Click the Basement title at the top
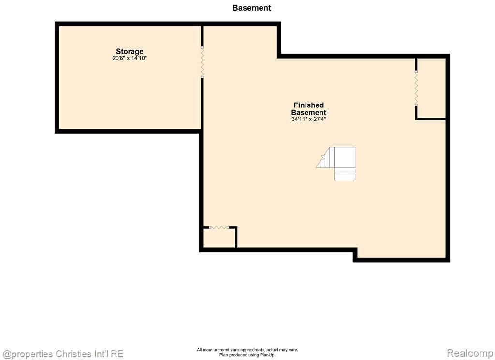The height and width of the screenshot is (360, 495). tap(251, 8)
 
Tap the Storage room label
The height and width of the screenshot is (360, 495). tap(130, 51)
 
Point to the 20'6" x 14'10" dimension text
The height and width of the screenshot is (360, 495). tap(130, 58)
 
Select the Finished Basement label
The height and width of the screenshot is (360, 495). tap(309, 109)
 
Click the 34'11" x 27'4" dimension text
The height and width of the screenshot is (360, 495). tap(309, 119)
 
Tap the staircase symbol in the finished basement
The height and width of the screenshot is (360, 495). tap(336, 163)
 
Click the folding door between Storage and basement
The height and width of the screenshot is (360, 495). tap(202, 62)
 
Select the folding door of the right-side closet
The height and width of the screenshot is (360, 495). tap(416, 88)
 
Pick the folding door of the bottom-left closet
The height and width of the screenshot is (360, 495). tap(219, 227)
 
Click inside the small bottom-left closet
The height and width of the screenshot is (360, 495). tap(219, 238)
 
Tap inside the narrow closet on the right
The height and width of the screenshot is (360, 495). tap(431, 88)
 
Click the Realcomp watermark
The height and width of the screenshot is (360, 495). tap(470, 353)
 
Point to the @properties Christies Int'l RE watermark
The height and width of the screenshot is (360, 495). tap(63, 354)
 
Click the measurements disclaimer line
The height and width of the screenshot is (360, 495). tap(247, 350)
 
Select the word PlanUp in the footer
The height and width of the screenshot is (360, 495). tap(268, 355)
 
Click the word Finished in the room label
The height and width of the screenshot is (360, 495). tap(309, 105)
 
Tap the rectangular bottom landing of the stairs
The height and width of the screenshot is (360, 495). tap(345, 174)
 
